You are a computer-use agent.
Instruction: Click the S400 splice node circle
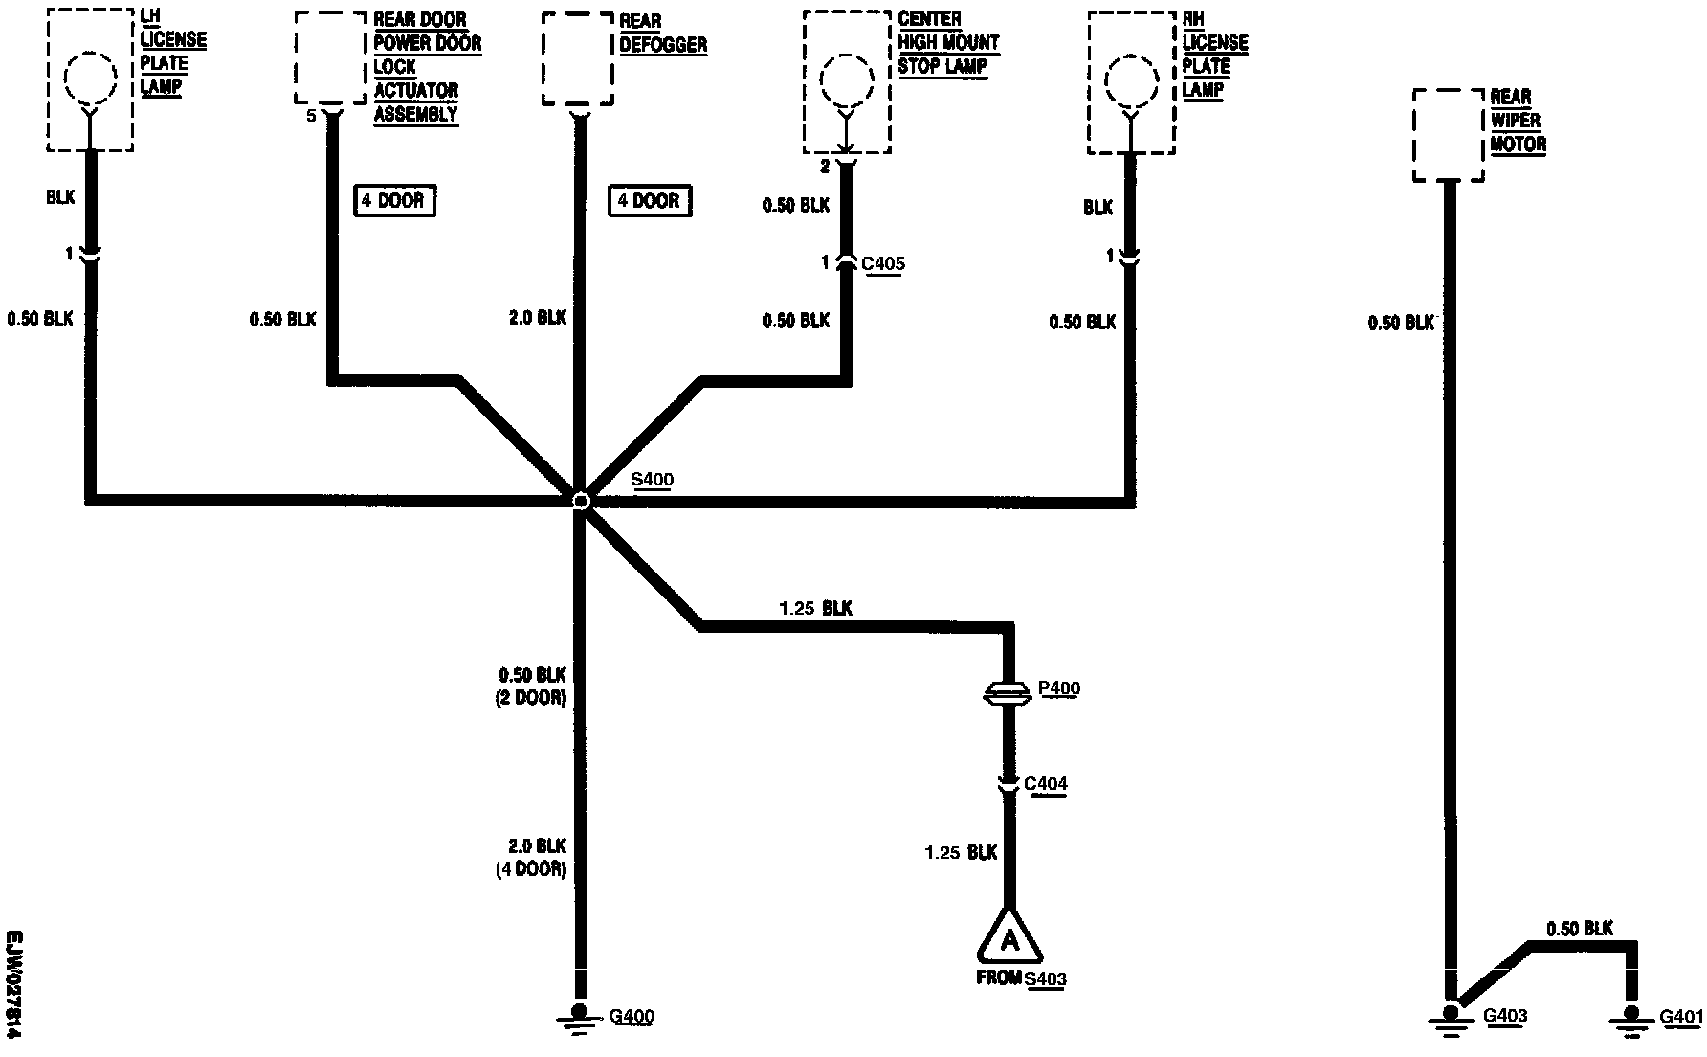(580, 500)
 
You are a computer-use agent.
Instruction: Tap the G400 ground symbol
(578, 1017)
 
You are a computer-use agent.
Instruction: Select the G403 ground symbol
(1452, 1017)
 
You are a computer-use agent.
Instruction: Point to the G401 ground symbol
(1630, 1017)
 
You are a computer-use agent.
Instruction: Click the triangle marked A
(1009, 938)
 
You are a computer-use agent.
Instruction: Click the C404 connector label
(1045, 784)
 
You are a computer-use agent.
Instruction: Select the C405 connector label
(882, 264)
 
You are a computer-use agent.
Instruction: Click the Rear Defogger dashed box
(577, 58)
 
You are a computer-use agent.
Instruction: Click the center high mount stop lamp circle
(846, 80)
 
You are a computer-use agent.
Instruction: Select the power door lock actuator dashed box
(330, 57)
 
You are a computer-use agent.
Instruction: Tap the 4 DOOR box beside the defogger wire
(649, 201)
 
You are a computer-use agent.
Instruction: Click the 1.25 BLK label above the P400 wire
(815, 608)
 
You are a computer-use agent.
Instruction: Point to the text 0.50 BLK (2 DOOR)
(531, 686)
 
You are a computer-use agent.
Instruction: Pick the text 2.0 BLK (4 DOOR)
(531, 858)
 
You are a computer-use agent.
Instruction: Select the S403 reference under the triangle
(1045, 978)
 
